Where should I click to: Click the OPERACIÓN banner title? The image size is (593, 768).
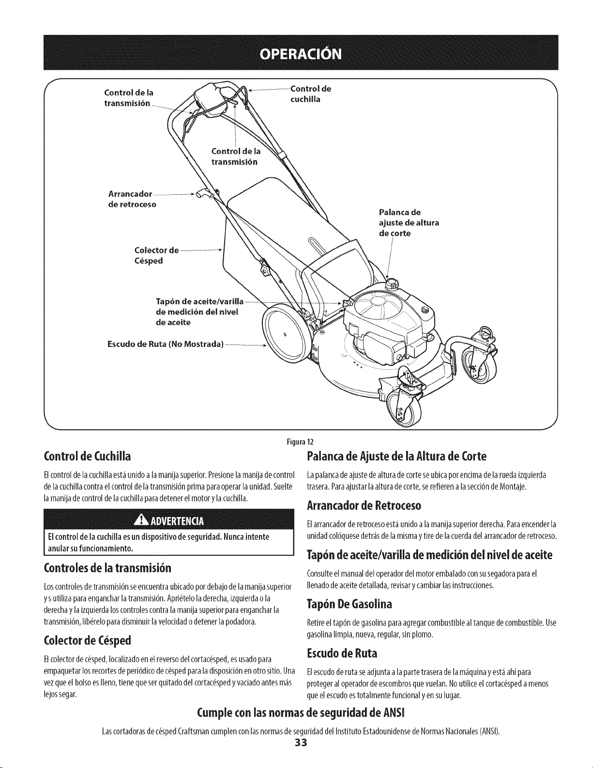coord(301,54)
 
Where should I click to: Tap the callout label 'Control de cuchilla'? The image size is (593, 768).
coord(311,94)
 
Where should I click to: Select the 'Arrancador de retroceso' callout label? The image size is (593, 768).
coord(132,199)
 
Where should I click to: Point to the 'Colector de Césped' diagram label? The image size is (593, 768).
coord(156,255)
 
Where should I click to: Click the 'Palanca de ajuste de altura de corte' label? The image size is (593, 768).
coord(409,223)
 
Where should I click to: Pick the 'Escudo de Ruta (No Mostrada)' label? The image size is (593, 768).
coord(166,344)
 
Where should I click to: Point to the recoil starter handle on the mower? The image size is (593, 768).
coord(203,193)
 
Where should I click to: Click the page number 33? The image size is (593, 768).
coord(301,753)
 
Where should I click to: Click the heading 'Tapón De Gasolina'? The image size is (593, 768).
coord(350,604)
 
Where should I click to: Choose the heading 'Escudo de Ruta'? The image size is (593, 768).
coord(342,653)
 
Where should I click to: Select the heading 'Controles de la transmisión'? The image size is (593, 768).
coord(107,568)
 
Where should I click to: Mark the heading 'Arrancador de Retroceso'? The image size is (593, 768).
coord(364,505)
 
